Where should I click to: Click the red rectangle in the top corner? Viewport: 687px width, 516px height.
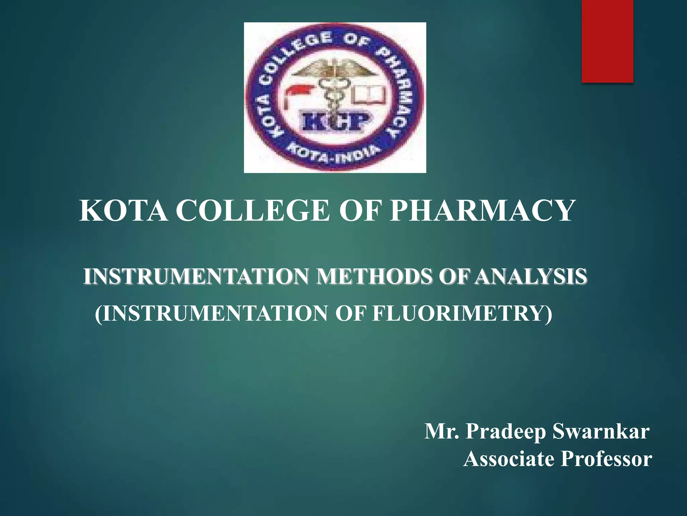click(607, 41)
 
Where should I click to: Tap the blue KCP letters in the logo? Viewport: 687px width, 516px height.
click(334, 121)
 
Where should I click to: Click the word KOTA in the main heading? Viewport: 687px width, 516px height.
click(123, 211)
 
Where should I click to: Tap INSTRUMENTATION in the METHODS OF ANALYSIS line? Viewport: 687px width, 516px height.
click(196, 276)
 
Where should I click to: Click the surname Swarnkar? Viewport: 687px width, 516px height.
click(601, 431)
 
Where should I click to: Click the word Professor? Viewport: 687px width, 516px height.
click(606, 459)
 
